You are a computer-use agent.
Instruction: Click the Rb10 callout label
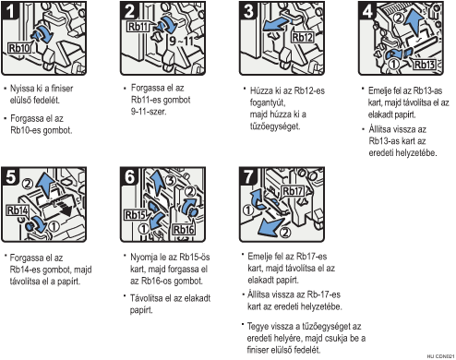tap(19, 48)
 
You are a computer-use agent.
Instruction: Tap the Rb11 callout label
tap(138, 27)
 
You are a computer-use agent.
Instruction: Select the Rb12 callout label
tap(302, 38)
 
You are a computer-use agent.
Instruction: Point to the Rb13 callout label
tap(425, 65)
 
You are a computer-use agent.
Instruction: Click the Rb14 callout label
tap(18, 210)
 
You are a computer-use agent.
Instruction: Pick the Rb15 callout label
tap(135, 215)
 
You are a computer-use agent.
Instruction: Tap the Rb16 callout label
tap(184, 230)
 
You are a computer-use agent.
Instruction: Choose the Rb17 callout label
tap(293, 191)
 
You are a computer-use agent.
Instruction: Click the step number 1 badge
tap(10, 11)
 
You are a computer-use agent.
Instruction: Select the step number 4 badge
tap(367, 11)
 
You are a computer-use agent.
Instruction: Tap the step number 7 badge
tap(248, 176)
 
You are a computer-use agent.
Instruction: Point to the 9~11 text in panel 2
tap(181, 41)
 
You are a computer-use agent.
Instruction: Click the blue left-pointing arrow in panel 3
tap(276, 25)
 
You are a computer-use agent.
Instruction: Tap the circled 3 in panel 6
tap(171, 180)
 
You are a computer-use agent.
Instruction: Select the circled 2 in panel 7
tap(286, 232)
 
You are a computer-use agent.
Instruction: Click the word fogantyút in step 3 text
tap(268, 102)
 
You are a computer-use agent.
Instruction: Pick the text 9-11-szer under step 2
tap(149, 112)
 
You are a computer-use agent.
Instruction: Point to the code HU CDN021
tap(441, 356)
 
